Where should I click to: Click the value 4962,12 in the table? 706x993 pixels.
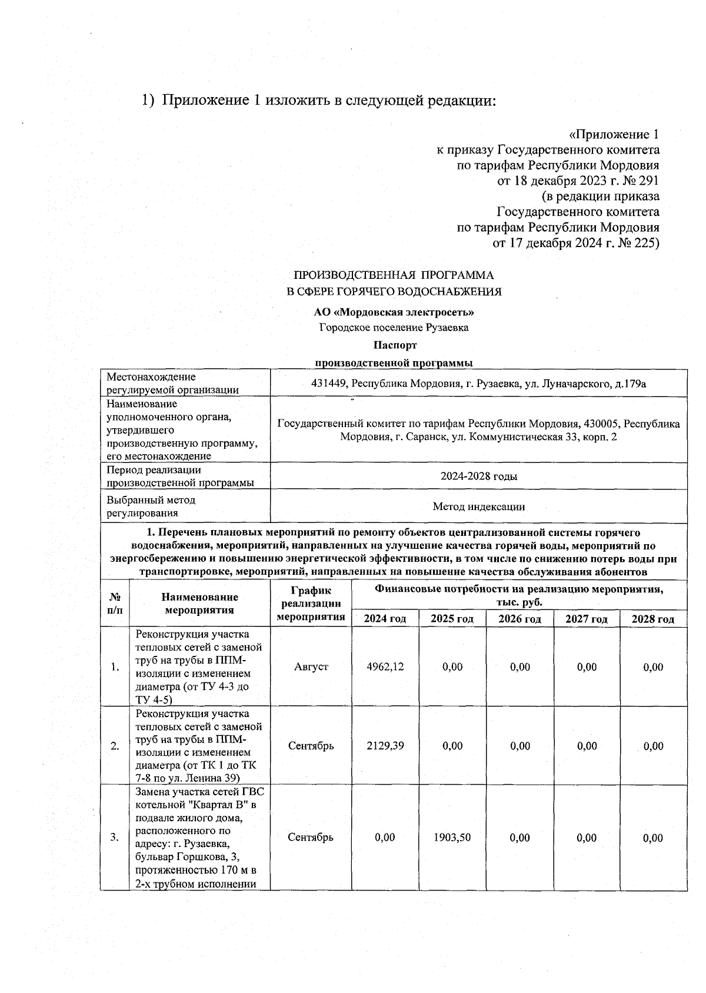385,667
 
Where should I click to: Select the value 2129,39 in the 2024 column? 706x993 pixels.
385,746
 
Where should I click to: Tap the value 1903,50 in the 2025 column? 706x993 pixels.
452,838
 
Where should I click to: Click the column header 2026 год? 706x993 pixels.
519,619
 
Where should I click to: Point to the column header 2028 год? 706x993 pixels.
653,619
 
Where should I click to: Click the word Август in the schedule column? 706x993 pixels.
311,667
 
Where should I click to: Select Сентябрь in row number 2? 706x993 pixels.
311,746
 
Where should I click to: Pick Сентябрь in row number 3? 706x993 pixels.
311,838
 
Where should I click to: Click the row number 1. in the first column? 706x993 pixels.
115,667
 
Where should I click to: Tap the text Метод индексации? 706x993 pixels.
478,507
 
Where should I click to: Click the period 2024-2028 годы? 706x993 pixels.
479,476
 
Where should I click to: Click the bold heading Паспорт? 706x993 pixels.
394,345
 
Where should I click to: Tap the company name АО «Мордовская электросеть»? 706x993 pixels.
394,312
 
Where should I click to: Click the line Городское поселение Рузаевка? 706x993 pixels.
394,328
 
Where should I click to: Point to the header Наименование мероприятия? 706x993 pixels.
199,604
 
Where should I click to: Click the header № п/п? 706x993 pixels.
115,604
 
